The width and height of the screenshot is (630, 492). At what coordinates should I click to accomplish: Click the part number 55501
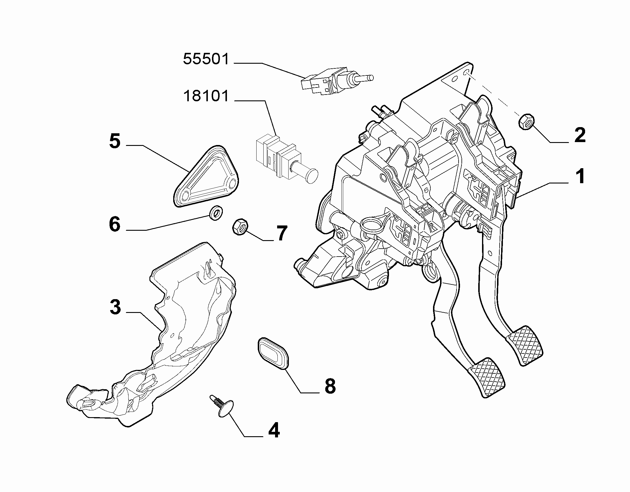pyautogui.click(x=206, y=59)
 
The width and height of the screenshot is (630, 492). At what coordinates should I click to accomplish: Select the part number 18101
pyautogui.click(x=206, y=96)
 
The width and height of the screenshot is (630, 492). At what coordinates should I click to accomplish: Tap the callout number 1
pyautogui.click(x=580, y=177)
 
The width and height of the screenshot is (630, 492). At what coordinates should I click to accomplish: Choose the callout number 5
pyautogui.click(x=115, y=141)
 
